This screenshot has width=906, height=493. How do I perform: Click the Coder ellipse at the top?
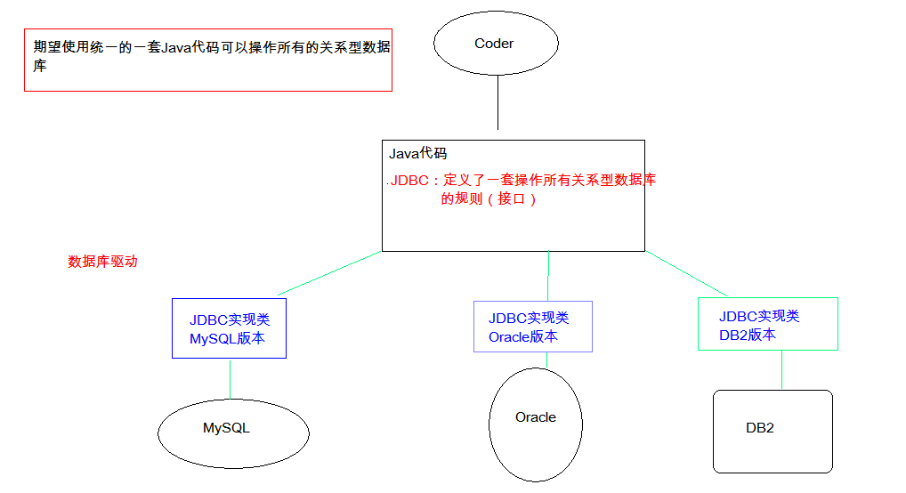(496, 44)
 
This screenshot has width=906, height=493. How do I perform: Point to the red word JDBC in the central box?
(409, 181)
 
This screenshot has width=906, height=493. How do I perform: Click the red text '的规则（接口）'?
(489, 199)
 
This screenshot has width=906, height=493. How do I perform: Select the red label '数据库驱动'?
(102, 262)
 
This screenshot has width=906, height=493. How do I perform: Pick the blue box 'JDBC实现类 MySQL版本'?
(229, 328)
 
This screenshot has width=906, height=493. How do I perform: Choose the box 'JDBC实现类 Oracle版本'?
(532, 327)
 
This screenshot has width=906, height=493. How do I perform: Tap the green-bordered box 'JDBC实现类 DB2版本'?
(767, 324)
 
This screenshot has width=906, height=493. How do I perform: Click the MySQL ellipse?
(233, 433)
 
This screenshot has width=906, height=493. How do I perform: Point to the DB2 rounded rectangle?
(773, 432)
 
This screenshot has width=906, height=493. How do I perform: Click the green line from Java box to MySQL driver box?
(329, 273)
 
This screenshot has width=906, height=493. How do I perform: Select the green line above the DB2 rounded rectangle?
(781, 369)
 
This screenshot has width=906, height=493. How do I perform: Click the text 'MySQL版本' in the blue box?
(227, 338)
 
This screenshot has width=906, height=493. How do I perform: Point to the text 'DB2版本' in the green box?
(748, 335)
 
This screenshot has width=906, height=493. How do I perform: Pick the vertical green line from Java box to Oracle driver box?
(548, 276)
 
